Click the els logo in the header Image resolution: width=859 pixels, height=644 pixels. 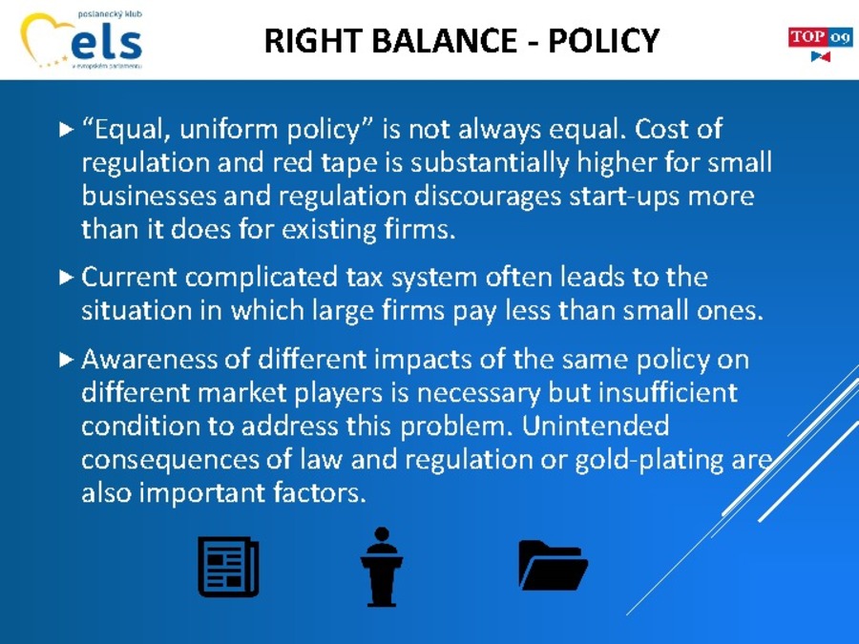[x=82, y=39]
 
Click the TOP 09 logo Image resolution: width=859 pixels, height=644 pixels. [x=820, y=44]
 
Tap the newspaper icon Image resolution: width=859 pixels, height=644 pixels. [x=228, y=566]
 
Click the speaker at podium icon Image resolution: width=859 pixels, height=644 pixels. [x=382, y=567]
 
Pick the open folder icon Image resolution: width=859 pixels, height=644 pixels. [x=553, y=565]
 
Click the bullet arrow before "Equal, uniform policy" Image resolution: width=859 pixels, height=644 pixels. [x=66, y=130]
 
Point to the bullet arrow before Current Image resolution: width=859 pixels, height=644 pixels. [x=66, y=277]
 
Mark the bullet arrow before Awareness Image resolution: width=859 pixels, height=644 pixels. [x=66, y=360]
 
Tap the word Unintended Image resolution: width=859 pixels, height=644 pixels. [x=595, y=426]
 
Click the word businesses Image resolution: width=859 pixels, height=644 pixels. [x=149, y=196]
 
